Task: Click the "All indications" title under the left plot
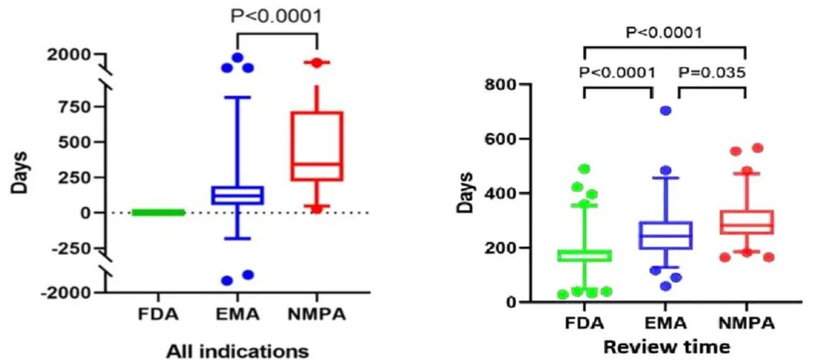238,351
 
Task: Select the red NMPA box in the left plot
317,146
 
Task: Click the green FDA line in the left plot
160,212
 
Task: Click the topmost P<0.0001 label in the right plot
663,32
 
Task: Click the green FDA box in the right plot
585,255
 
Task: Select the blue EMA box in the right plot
665,235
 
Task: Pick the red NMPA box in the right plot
744,222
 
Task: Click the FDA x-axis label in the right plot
585,321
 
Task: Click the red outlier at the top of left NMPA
317,63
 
